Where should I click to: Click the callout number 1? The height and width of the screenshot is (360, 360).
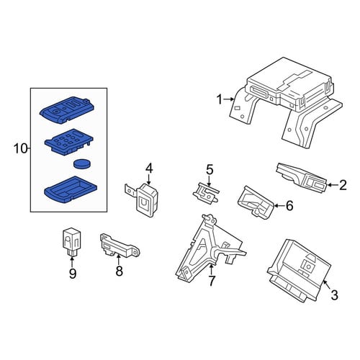click(x=220, y=99)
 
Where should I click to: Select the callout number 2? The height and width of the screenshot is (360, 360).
click(x=343, y=185)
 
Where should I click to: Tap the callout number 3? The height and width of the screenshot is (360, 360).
click(x=334, y=294)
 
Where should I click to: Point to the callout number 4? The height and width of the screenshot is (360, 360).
click(x=149, y=168)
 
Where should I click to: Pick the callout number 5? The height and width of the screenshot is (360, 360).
click(x=210, y=170)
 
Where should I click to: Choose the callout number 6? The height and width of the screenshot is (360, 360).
click(x=289, y=206)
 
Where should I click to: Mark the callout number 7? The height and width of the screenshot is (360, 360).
click(x=211, y=281)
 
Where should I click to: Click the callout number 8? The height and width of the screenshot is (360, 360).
click(x=119, y=271)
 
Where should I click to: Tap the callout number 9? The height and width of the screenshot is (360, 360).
click(x=73, y=274)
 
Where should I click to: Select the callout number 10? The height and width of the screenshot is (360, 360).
click(x=21, y=149)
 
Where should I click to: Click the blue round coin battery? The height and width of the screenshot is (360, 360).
click(x=82, y=164)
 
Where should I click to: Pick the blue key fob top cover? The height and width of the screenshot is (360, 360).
click(x=67, y=110)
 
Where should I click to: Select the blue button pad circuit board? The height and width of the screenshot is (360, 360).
click(x=69, y=143)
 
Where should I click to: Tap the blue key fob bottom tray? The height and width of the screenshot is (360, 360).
click(x=71, y=189)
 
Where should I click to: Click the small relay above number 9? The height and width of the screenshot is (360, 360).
click(x=71, y=243)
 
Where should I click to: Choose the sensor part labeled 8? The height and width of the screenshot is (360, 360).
click(x=120, y=246)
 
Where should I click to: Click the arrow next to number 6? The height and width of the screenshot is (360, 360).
click(x=279, y=205)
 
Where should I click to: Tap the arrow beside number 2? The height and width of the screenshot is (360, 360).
click(x=333, y=185)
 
